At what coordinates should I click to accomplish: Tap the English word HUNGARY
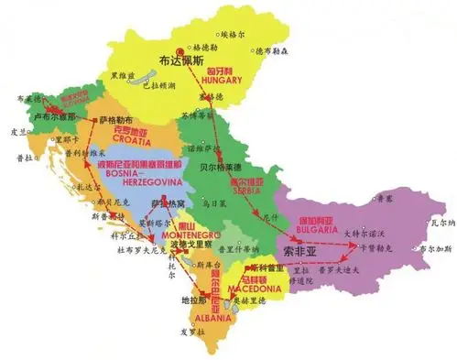[x=223, y=80]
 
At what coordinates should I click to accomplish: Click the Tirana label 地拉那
[x=193, y=300]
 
